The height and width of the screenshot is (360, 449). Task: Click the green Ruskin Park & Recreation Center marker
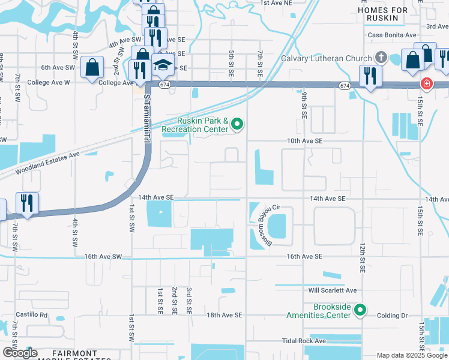point(237,124)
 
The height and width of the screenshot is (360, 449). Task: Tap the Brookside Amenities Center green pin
point(360,310)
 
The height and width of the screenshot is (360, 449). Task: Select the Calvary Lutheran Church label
point(327,58)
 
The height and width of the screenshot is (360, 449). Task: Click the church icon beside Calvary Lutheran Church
point(380,58)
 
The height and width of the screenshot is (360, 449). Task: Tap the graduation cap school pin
point(162,65)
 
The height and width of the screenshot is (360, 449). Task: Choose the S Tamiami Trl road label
point(146,122)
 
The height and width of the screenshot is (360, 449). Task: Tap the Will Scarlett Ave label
point(333,290)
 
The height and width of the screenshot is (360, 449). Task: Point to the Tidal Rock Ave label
point(304,341)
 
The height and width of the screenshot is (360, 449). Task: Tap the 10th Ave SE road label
point(305,140)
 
